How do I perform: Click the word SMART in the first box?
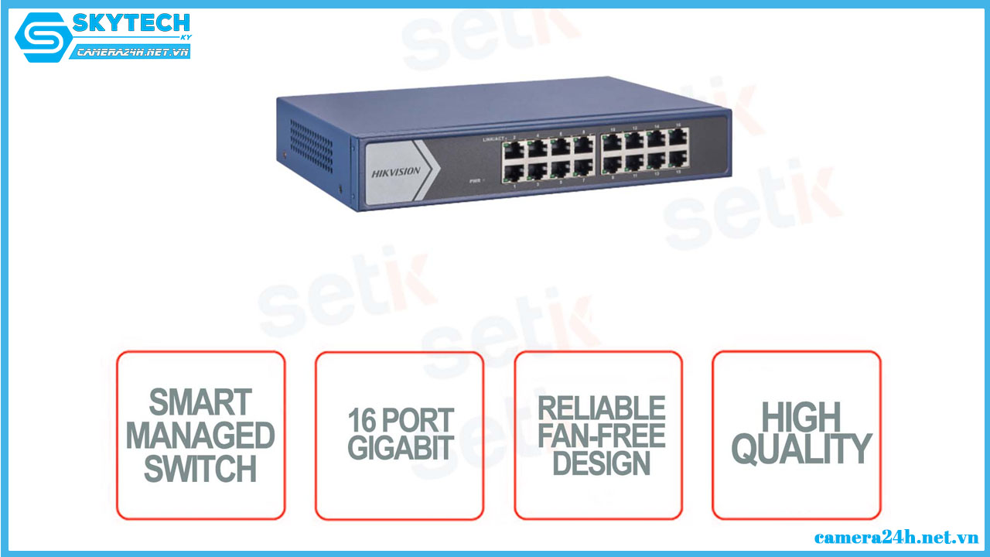coord(200,402)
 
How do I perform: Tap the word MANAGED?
coord(200,436)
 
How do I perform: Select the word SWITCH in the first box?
coord(200,469)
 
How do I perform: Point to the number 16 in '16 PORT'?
coord(362,419)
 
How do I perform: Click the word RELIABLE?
coord(601,408)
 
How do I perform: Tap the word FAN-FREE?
coord(601,436)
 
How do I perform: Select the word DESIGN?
coord(601,463)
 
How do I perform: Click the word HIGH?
coord(801,418)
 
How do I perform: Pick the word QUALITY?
coord(801,449)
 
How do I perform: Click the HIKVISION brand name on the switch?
coord(397,172)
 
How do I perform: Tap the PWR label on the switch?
coord(476,180)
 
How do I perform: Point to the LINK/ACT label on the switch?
coord(492,139)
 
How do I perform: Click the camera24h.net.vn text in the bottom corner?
coord(896,537)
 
